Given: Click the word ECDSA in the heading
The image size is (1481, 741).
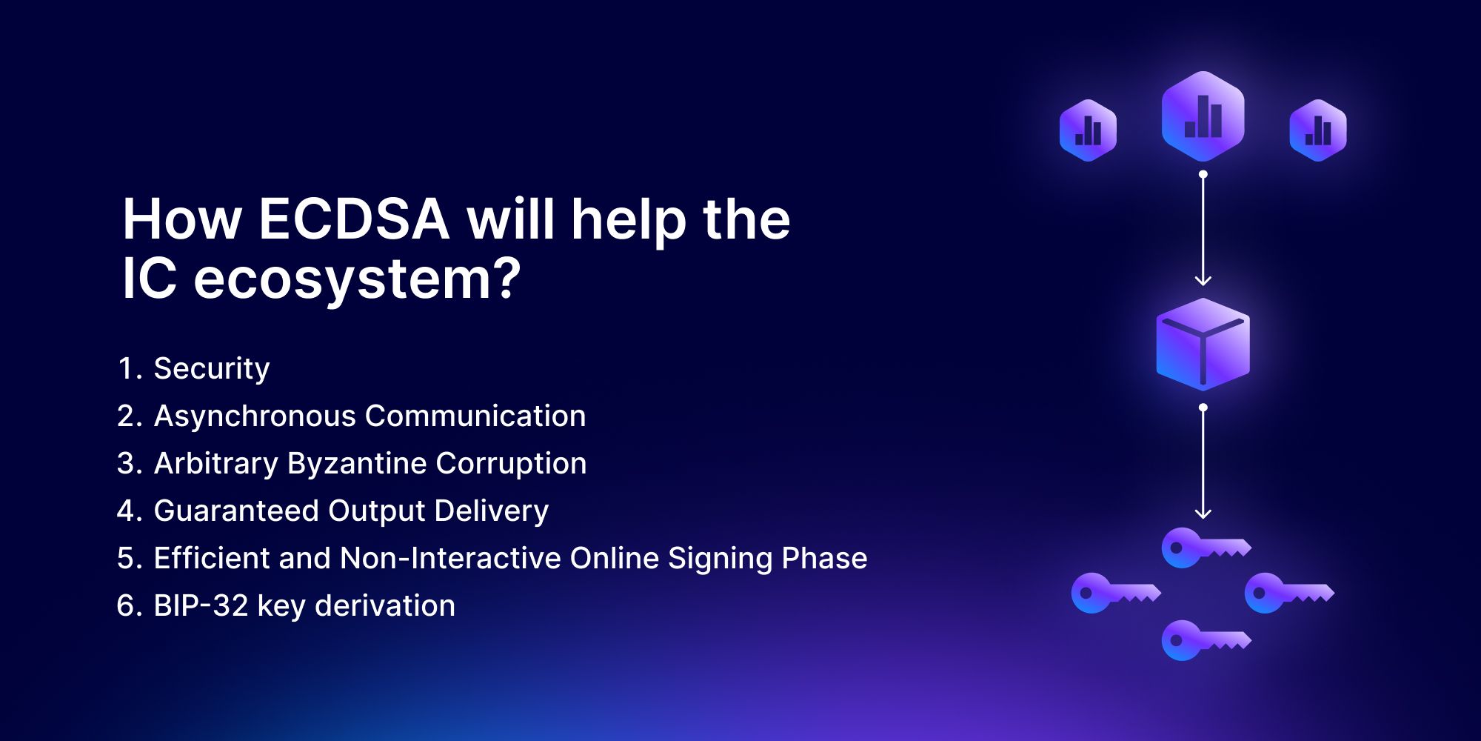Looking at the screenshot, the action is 354,219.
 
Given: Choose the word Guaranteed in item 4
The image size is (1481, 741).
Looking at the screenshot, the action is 236,511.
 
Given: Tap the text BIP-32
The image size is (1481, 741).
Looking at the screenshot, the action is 201,605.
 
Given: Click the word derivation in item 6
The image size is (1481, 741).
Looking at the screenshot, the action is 385,605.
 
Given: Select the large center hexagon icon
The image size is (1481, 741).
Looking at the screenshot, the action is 1203,116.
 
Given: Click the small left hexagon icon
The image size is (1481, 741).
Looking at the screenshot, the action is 1088,130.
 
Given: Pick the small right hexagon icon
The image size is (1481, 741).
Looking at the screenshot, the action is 1318,130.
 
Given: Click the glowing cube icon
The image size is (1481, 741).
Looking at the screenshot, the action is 1203,345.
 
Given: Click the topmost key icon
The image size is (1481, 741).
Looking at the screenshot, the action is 1206,548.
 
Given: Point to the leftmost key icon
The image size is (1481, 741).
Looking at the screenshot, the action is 1116,593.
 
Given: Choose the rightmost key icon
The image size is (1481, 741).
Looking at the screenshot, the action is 1289,593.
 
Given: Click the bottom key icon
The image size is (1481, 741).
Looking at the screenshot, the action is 1206,640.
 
